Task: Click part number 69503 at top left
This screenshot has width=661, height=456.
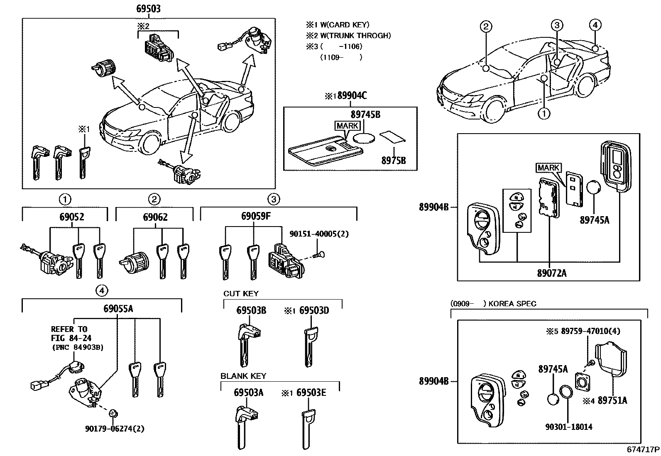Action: tap(148, 8)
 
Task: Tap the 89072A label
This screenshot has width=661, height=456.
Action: tap(551, 273)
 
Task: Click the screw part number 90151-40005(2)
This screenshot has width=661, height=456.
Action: tap(319, 234)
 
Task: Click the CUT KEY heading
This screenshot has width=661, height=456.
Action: tap(241, 294)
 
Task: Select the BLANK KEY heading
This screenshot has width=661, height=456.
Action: tap(243, 376)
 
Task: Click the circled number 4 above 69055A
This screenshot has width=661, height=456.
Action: tap(102, 291)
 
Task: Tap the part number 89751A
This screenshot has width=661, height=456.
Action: tap(612, 400)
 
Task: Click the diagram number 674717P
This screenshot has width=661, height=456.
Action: tap(643, 449)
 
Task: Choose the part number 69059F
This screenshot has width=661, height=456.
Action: tap(256, 216)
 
